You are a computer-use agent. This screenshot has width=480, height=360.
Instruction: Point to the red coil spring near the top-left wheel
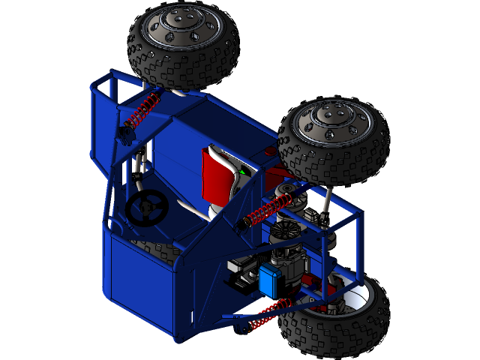point(141,110)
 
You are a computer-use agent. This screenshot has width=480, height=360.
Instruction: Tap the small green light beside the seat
point(242,172)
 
